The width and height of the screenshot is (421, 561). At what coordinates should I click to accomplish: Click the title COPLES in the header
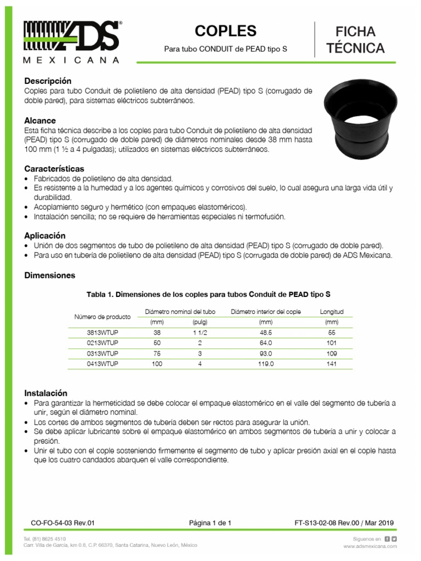tap(225, 31)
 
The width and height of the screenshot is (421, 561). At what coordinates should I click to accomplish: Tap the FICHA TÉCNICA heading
tap(355, 39)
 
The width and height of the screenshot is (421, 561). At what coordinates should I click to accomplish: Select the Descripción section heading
tap(48, 81)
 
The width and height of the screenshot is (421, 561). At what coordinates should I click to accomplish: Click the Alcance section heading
tap(40, 121)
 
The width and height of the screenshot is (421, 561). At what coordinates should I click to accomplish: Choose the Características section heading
tap(54, 169)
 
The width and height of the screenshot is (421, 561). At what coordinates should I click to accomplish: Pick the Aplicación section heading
tap(45, 235)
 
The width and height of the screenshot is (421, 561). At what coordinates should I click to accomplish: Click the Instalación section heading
tap(45, 393)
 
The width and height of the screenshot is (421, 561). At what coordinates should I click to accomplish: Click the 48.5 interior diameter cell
tap(266, 333)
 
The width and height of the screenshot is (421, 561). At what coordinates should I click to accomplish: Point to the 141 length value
tap(331, 364)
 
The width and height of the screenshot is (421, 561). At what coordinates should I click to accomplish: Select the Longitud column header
tap(331, 312)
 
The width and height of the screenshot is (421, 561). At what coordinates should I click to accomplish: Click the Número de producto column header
tap(102, 317)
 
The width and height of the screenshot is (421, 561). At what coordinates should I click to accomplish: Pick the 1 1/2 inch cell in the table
tap(200, 333)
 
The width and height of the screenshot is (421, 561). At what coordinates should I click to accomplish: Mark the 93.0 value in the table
tap(266, 353)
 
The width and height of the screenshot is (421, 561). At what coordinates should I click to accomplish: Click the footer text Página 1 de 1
tap(210, 523)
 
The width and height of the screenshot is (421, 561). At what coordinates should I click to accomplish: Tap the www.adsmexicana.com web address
tap(370, 546)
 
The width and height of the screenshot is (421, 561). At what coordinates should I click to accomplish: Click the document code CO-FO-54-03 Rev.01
tap(63, 523)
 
